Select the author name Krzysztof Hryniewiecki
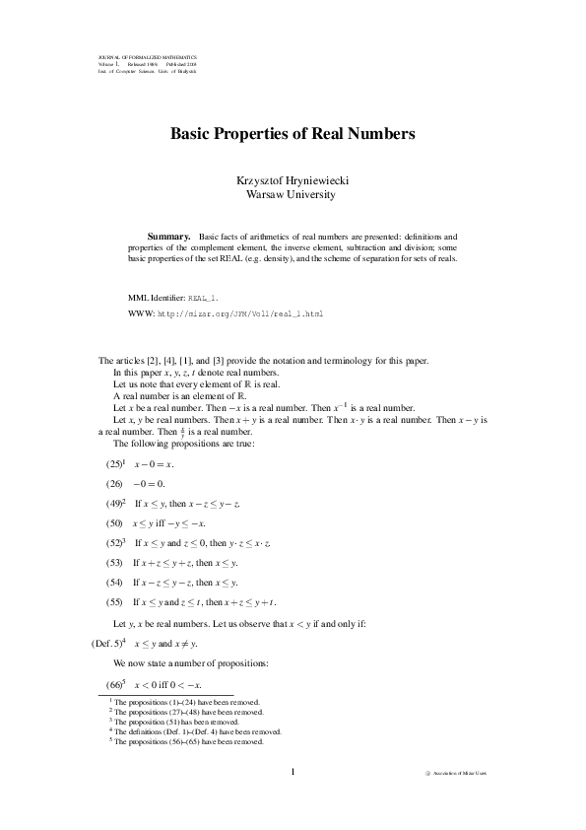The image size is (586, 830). click(293, 181)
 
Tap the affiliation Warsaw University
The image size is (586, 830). click(293, 195)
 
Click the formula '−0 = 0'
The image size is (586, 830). click(151, 483)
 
